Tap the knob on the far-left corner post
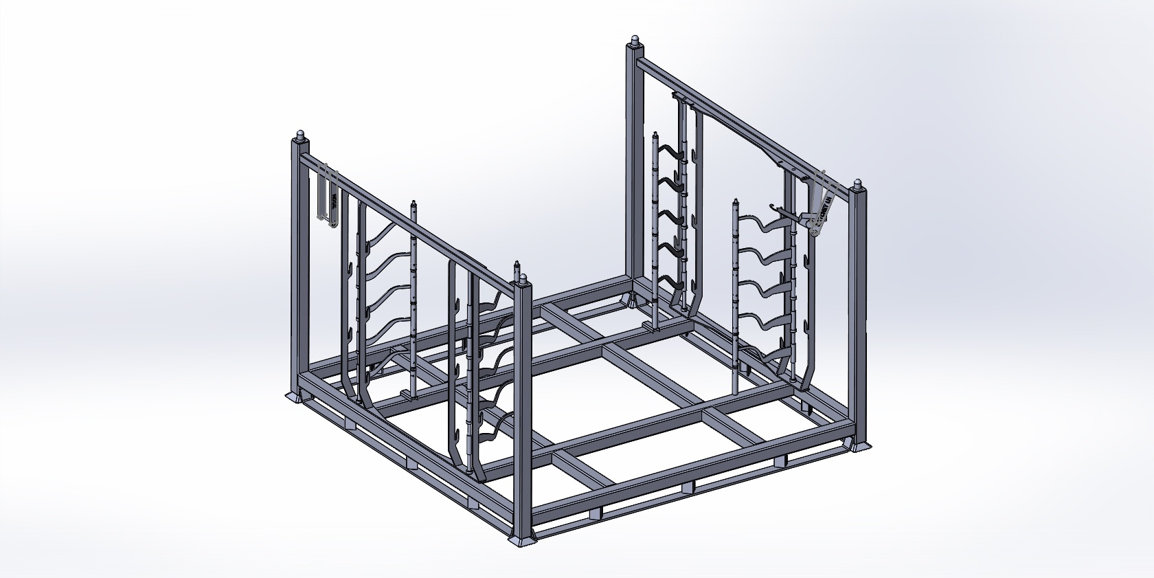pos(300,135)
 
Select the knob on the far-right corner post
pos(858,184)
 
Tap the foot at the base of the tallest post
pos(631,300)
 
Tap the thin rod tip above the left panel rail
pos(414,205)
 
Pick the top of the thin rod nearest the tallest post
pos(654,135)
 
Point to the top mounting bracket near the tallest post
pos(680,97)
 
